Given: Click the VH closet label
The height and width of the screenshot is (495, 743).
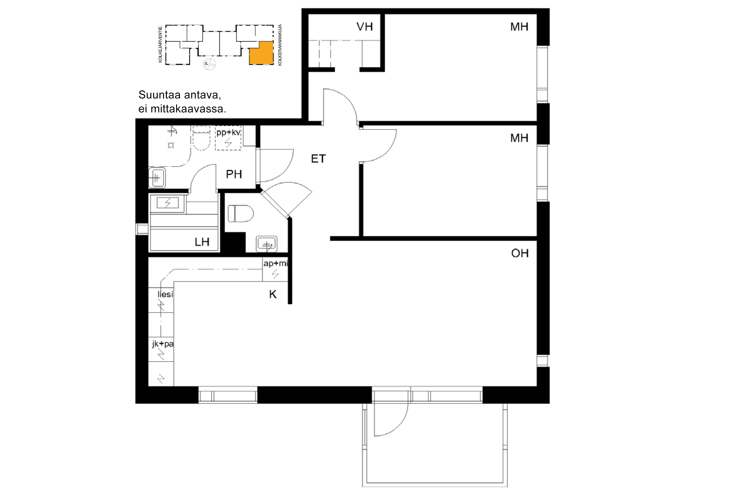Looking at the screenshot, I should coord(364,27).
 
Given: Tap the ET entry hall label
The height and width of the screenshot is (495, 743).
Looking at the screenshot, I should coord(318,159).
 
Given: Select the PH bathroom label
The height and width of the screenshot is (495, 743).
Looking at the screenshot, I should coord(234,174).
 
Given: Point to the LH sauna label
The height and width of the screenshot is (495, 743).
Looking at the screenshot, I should coord(202,242).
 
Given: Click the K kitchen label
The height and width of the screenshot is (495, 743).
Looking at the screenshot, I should coord(273,294).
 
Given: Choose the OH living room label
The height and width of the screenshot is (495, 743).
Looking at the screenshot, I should coord(520,253).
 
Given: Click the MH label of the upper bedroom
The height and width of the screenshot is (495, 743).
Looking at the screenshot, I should coord(519,27).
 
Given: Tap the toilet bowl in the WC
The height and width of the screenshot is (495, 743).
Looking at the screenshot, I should coord(241,214).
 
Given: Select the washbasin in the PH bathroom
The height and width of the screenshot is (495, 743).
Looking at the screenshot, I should coord(157,178).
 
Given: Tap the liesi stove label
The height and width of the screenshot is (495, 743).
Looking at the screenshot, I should coord(165,294).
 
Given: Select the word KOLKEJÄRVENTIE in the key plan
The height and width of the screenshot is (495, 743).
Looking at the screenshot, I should coord(160,44).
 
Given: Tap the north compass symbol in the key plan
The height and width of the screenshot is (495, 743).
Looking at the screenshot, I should coord(209,64).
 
